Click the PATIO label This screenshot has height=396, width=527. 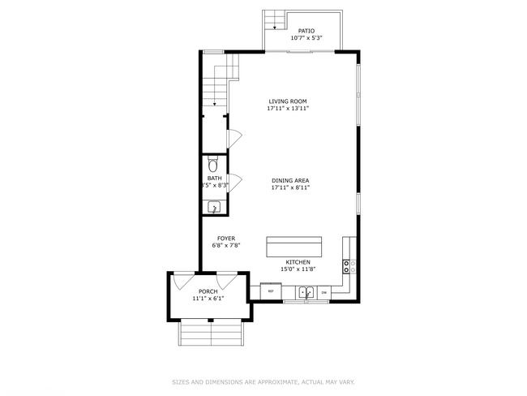pyautogui.click(x=306, y=31)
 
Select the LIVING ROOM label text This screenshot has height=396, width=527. pyautogui.click(x=288, y=101)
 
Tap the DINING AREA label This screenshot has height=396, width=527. pyautogui.click(x=290, y=180)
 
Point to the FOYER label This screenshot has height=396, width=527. pyautogui.click(x=225, y=239)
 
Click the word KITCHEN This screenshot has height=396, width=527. pyautogui.click(x=296, y=262)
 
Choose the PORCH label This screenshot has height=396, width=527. pyautogui.click(x=208, y=291)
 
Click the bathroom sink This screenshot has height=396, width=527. pyautogui.click(x=214, y=208)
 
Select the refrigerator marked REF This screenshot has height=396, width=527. pyautogui.click(x=270, y=291)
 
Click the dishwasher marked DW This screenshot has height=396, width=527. pyautogui.click(x=324, y=291)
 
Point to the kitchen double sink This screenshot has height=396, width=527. pyautogui.click(x=306, y=291)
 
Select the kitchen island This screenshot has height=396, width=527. pyautogui.click(x=293, y=246)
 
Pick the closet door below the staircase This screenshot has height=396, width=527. pyautogui.click(x=234, y=139)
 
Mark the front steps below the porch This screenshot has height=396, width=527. pyautogui.click(x=212, y=331)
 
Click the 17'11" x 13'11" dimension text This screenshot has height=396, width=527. pyautogui.click(x=288, y=109)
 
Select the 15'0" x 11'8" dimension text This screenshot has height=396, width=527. pyautogui.click(x=296, y=269)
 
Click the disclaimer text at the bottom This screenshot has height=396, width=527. pyautogui.click(x=263, y=381)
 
